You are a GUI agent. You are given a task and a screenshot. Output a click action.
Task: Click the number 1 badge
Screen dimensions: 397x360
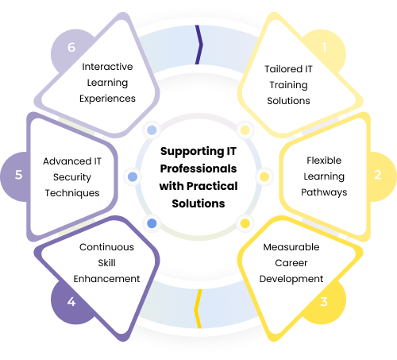coord(324,48)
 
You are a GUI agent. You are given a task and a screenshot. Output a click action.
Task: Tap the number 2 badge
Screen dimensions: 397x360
coord(378,175)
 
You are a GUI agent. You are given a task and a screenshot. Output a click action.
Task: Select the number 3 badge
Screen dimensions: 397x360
coord(324,302)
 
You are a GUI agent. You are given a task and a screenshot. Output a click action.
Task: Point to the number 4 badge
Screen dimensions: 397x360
coord(71,302)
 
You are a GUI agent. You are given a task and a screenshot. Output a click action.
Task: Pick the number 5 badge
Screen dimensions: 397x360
coord(18,175)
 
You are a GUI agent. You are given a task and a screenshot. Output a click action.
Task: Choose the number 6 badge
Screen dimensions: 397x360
coord(71,48)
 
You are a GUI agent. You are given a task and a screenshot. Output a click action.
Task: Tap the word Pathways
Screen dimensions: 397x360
coord(324,192)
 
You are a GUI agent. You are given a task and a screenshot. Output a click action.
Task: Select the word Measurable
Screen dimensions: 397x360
coord(291,247)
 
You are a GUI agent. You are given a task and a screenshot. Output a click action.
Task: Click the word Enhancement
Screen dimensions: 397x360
coord(106,279)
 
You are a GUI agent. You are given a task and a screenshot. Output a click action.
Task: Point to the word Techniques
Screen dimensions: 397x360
coord(72,193)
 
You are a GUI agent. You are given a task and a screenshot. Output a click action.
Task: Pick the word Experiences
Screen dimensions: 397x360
coord(107,99)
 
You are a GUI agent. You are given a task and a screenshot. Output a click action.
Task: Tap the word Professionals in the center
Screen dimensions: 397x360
coord(198,168)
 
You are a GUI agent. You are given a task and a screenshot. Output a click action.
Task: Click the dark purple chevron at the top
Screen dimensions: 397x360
coord(199,45)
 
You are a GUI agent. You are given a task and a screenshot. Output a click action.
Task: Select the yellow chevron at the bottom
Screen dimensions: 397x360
coord(198,309)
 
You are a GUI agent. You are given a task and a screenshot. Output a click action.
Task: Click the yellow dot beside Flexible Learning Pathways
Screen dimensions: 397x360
coord(264,176)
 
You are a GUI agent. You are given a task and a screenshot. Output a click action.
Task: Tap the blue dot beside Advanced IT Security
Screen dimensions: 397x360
coord(133,176)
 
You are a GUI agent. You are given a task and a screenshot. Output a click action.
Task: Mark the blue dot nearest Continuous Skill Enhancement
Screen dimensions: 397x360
coord(152,223)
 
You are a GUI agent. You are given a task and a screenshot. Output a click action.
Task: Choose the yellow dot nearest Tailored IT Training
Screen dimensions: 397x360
coord(245,130)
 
